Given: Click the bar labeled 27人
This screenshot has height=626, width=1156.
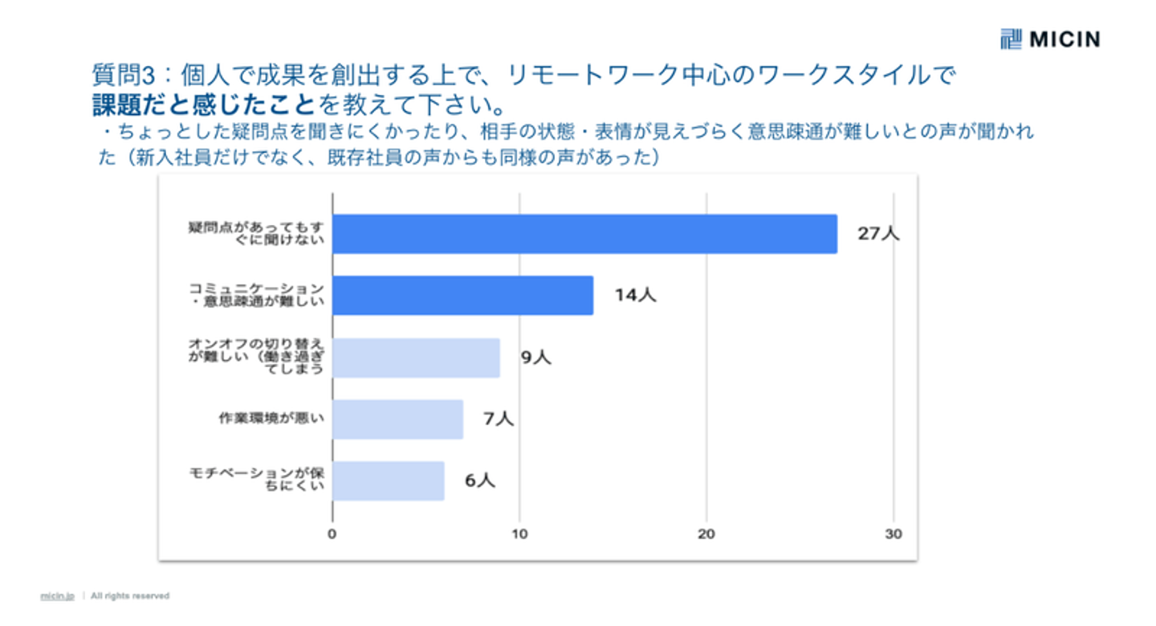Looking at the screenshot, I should (584, 234).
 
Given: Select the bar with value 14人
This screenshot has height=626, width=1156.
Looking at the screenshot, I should (462, 295).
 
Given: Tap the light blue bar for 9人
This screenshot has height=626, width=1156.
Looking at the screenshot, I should (416, 358).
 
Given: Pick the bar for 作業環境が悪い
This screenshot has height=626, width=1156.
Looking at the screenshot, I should (397, 419).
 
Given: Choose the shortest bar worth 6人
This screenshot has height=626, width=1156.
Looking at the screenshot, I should (388, 481).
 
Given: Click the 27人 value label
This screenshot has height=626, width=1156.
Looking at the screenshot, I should (878, 234).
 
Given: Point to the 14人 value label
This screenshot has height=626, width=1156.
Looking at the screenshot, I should (635, 295).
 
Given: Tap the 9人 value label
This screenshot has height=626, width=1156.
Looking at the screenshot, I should (535, 358).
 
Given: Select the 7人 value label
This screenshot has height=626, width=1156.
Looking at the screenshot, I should (498, 419).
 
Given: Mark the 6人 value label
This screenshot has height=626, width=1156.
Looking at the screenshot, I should (479, 481).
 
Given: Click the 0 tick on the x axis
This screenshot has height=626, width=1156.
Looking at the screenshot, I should (332, 534).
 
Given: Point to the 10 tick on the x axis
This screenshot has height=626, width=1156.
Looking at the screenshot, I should (519, 534).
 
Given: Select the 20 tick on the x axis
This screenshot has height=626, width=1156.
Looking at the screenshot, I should (706, 534).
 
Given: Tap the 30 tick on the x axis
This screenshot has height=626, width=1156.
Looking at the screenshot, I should (893, 534).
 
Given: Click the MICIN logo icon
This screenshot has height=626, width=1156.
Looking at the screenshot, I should (1011, 38).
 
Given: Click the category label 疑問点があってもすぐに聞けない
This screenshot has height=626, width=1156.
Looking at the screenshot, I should (256, 234).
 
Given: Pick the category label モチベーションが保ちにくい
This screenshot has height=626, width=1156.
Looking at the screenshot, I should (256, 481).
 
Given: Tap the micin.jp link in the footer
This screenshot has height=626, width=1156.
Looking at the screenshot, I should (57, 596).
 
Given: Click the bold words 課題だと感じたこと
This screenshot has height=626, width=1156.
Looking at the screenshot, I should (203, 104).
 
